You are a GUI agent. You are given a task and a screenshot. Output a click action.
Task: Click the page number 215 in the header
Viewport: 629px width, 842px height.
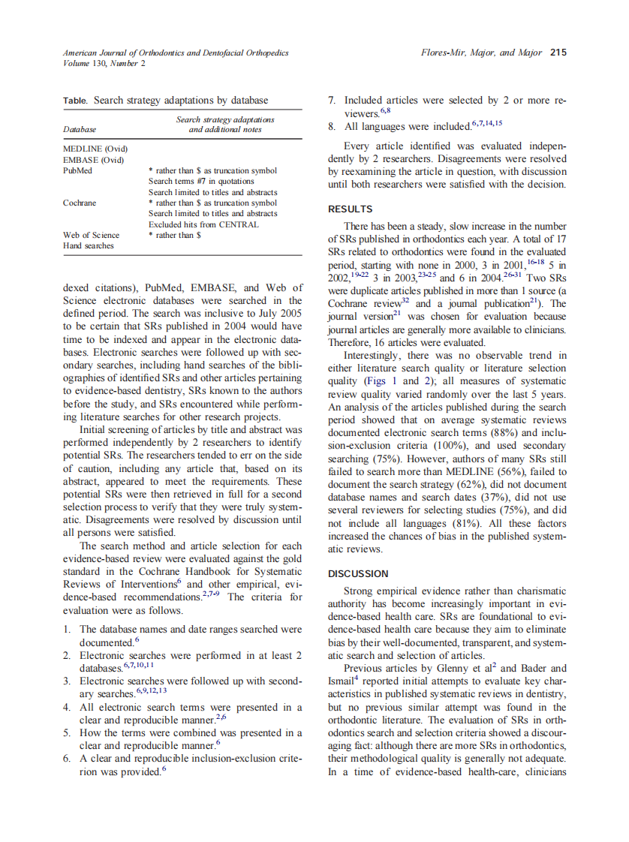pos(558,53)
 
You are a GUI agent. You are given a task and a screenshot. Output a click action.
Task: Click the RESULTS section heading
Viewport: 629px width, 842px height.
pos(351,209)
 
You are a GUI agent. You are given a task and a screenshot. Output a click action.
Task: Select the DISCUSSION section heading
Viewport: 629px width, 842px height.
pos(358,573)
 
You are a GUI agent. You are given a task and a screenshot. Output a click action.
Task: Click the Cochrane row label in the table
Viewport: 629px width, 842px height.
pos(79,203)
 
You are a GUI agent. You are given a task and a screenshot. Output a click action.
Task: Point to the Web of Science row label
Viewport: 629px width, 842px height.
pos(91,235)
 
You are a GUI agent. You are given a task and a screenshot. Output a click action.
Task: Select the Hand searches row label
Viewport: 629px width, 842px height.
pos(89,245)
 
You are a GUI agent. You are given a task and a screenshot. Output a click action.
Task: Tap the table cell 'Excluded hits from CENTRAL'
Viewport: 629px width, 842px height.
pos(203,224)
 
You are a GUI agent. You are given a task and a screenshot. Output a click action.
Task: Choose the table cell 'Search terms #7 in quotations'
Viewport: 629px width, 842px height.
pos(201,181)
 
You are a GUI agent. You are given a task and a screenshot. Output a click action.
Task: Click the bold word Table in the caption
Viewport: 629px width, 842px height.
pos(75,100)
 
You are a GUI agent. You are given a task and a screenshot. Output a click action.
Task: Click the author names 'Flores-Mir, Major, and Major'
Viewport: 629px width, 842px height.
pos(481,53)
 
